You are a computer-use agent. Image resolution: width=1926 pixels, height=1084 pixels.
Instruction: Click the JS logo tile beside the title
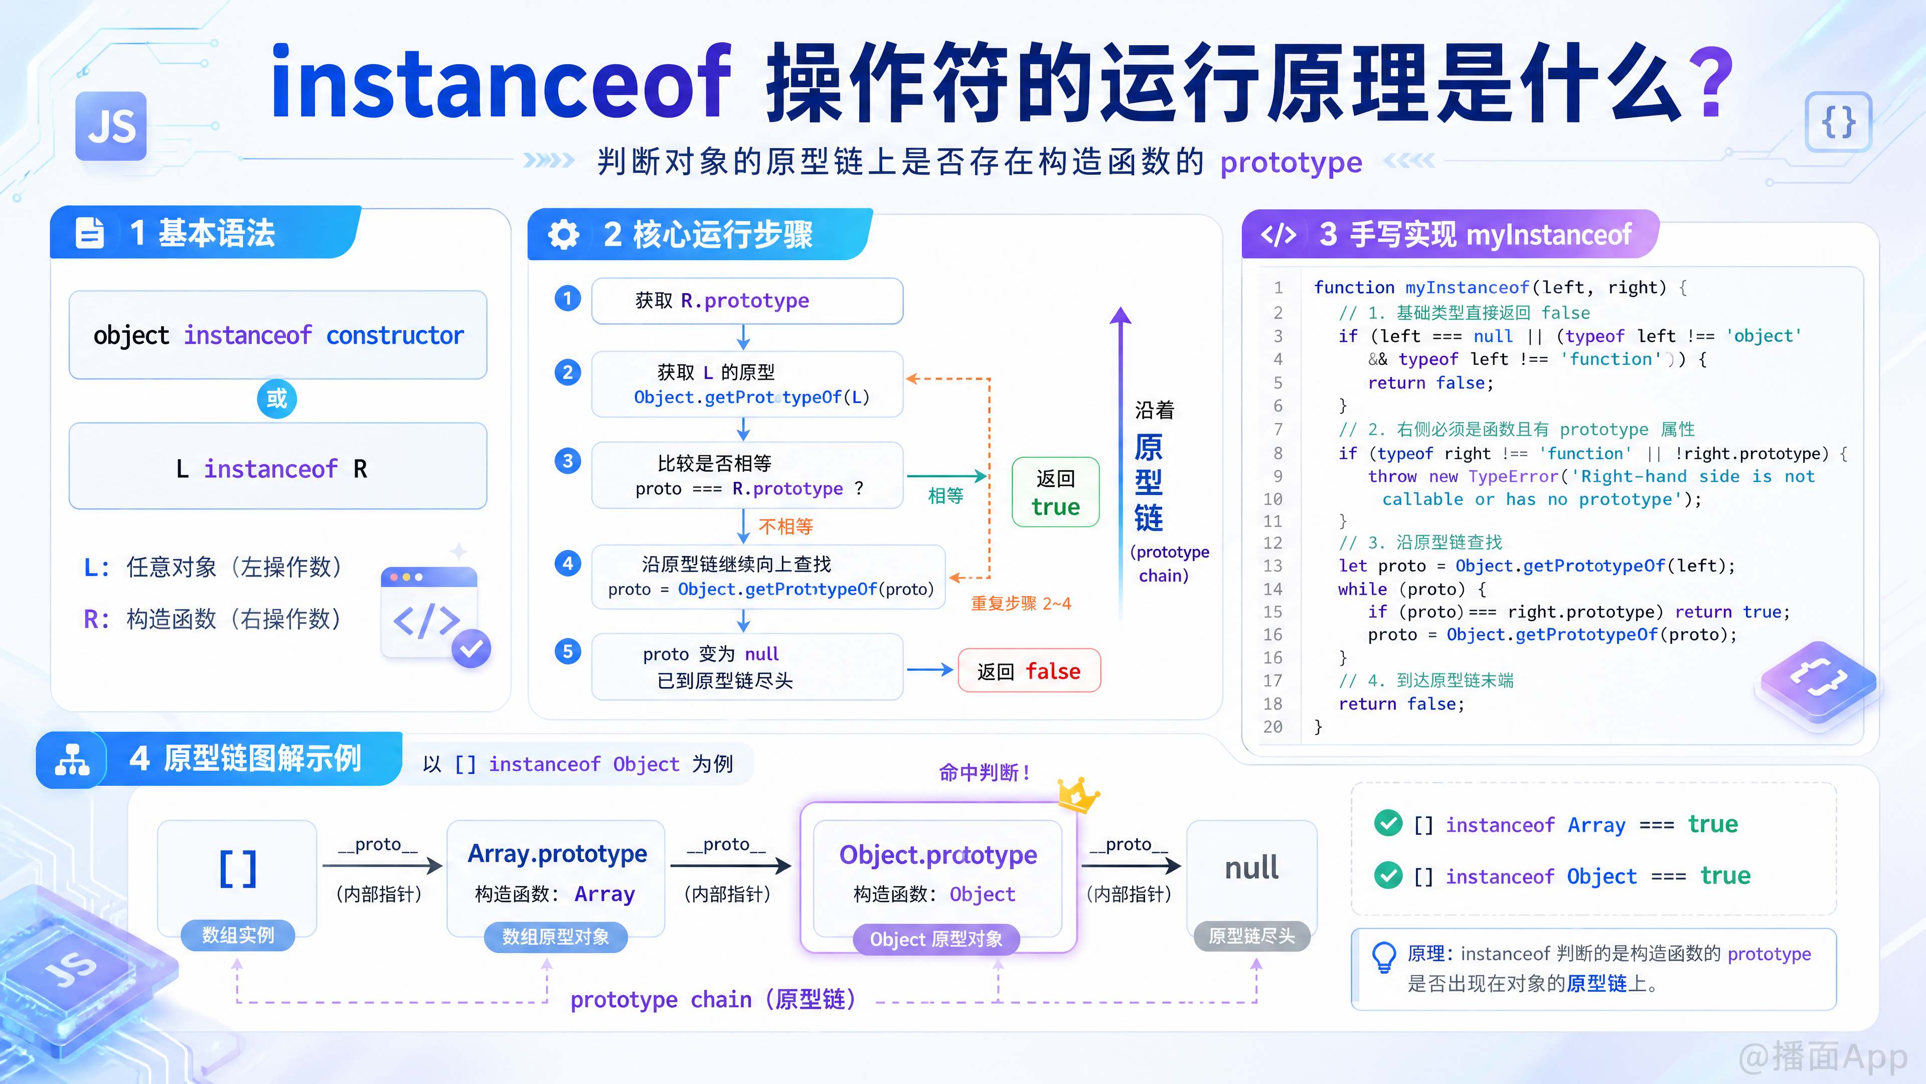pos(111,125)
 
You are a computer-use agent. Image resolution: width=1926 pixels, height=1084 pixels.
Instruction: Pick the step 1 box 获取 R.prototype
pos(747,301)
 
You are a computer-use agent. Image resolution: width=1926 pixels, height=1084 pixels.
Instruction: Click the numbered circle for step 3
pos(567,461)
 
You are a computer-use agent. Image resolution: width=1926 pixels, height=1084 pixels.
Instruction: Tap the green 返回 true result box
pos(1055,492)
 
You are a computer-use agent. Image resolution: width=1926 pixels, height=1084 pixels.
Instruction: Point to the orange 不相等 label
pos(786,526)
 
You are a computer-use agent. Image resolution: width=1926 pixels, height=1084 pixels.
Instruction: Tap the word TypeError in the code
pos(1513,477)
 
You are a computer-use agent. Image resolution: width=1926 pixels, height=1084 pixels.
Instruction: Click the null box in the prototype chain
pos(1251,875)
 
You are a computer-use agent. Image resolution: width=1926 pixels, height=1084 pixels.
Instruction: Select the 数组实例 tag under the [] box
pos(238,935)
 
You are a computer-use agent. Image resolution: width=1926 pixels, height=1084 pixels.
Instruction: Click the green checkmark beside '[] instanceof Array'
pos(1388,824)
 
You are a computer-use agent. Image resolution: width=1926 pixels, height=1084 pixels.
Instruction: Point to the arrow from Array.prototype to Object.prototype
pos(730,866)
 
